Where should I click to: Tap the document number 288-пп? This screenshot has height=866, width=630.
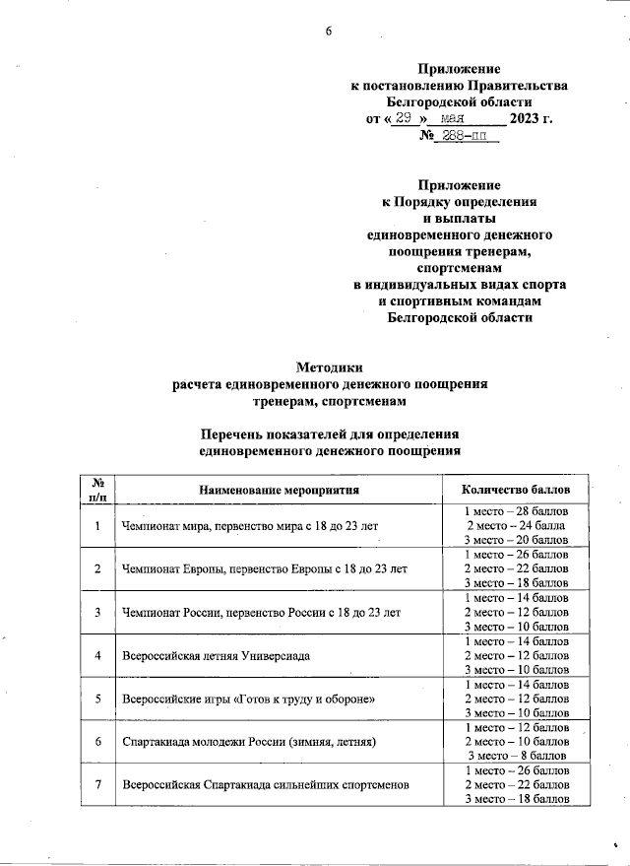pos(469,137)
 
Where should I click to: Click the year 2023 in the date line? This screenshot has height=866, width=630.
pos(525,120)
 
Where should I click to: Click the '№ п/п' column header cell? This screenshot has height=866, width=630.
pos(97,489)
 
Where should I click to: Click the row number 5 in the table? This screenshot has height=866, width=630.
pos(97,698)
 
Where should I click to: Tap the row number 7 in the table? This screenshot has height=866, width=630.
pos(97,784)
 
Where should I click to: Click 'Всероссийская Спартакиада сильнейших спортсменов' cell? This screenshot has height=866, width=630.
pos(264,784)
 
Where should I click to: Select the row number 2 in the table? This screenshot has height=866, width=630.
pos(97,569)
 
